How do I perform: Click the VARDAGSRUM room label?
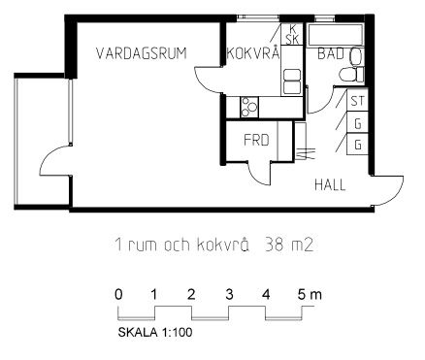[142, 53]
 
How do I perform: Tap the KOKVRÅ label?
[253, 52]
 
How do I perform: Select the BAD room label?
[331, 53]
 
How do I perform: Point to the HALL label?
[330, 185]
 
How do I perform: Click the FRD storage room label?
[256, 141]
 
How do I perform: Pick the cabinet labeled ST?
[357, 101]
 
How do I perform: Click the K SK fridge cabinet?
[292, 34]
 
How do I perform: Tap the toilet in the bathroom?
[351, 74]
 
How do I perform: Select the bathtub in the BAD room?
[336, 34]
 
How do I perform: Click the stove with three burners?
[249, 108]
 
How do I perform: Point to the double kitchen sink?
[291, 82]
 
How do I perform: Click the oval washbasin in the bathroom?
[355, 57]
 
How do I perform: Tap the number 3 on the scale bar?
[229, 295]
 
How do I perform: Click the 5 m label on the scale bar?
[310, 295]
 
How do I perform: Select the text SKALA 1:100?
[155, 332]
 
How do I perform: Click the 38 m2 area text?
[289, 245]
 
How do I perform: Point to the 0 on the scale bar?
[118, 295]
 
